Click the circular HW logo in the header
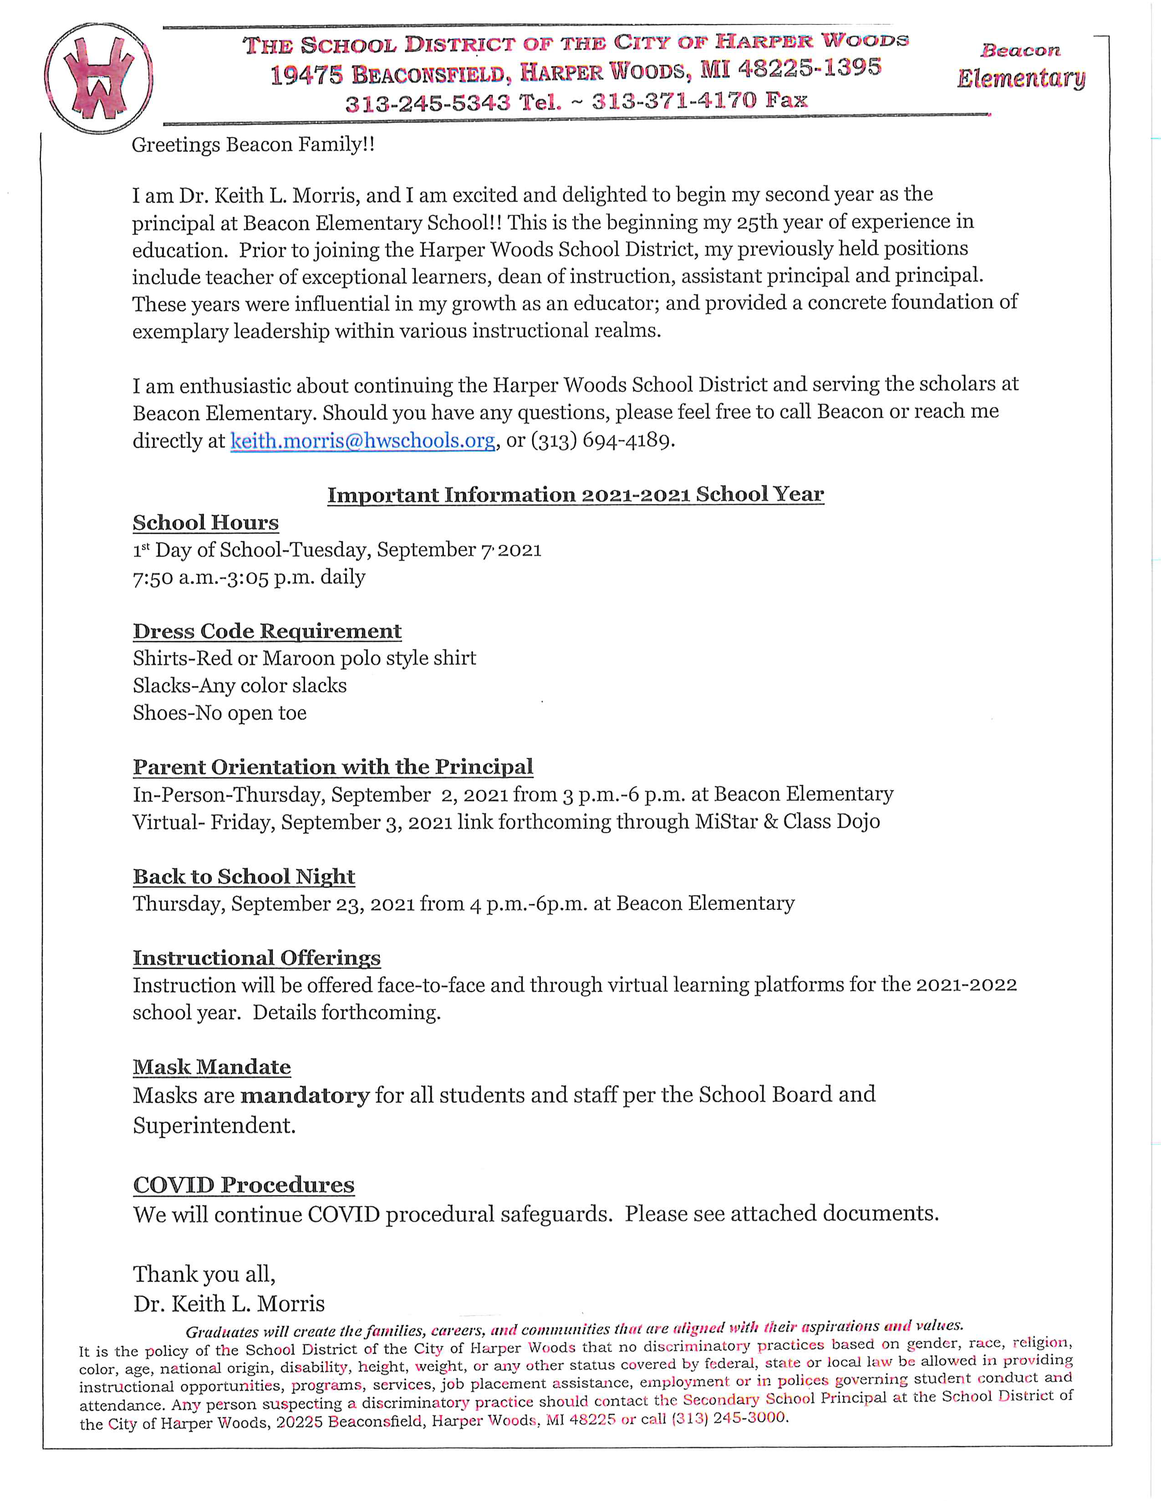(x=98, y=78)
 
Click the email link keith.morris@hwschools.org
(x=362, y=440)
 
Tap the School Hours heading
(x=206, y=523)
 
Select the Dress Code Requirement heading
(x=267, y=631)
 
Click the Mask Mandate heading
(x=212, y=1067)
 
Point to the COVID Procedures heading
(x=244, y=1184)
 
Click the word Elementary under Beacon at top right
(x=1021, y=78)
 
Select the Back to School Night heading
(x=244, y=876)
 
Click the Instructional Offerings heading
(x=256, y=957)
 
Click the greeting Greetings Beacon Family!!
(x=253, y=145)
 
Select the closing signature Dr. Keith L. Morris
(x=229, y=1303)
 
